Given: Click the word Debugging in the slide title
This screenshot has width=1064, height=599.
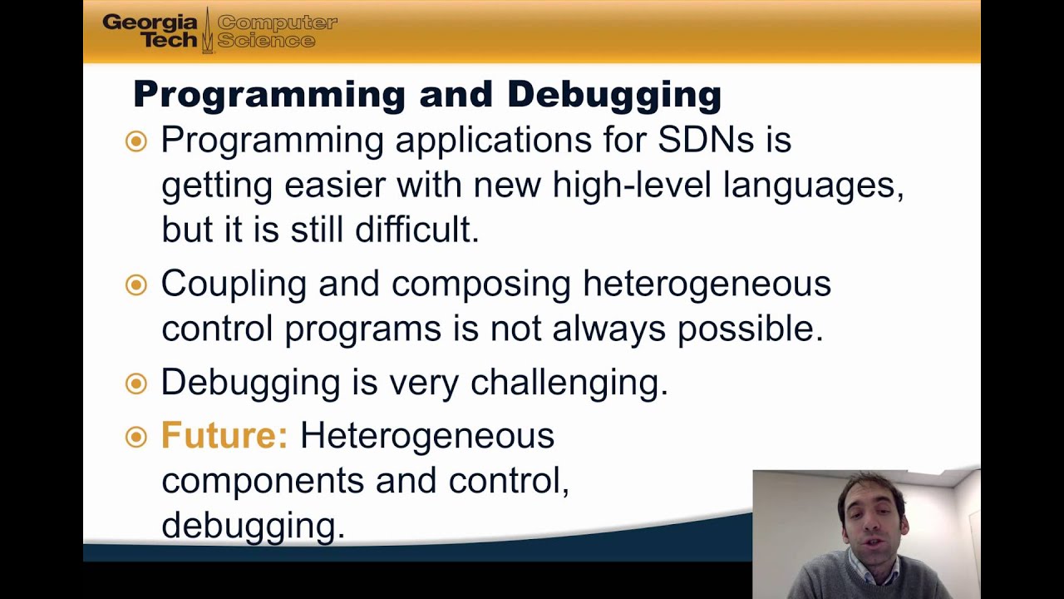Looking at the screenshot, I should [x=613, y=95].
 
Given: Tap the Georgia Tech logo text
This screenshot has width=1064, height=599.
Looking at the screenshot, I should [x=150, y=31].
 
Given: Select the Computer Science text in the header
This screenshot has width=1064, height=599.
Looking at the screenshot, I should [x=277, y=31].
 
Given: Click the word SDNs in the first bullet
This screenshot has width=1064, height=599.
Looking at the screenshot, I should [x=706, y=140].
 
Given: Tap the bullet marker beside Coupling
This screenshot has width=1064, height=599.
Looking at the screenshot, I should [x=136, y=285].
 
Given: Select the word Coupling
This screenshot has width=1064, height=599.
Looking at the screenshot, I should [x=234, y=285].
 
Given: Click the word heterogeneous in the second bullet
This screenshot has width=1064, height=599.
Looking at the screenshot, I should [x=707, y=285].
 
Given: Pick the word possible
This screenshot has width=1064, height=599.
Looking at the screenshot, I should [x=750, y=329].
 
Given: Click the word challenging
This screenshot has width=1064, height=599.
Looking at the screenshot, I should [x=569, y=383].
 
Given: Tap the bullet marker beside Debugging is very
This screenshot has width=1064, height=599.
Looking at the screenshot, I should [x=136, y=383].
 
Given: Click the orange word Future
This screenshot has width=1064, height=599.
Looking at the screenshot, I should [x=224, y=435].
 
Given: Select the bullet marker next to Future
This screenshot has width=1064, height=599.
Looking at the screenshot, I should [x=136, y=436].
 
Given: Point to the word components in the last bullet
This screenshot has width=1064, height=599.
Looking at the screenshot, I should [x=263, y=481].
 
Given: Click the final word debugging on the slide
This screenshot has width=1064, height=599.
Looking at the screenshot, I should [x=252, y=526].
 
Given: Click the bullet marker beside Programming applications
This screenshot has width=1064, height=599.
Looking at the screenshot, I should [x=136, y=141].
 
